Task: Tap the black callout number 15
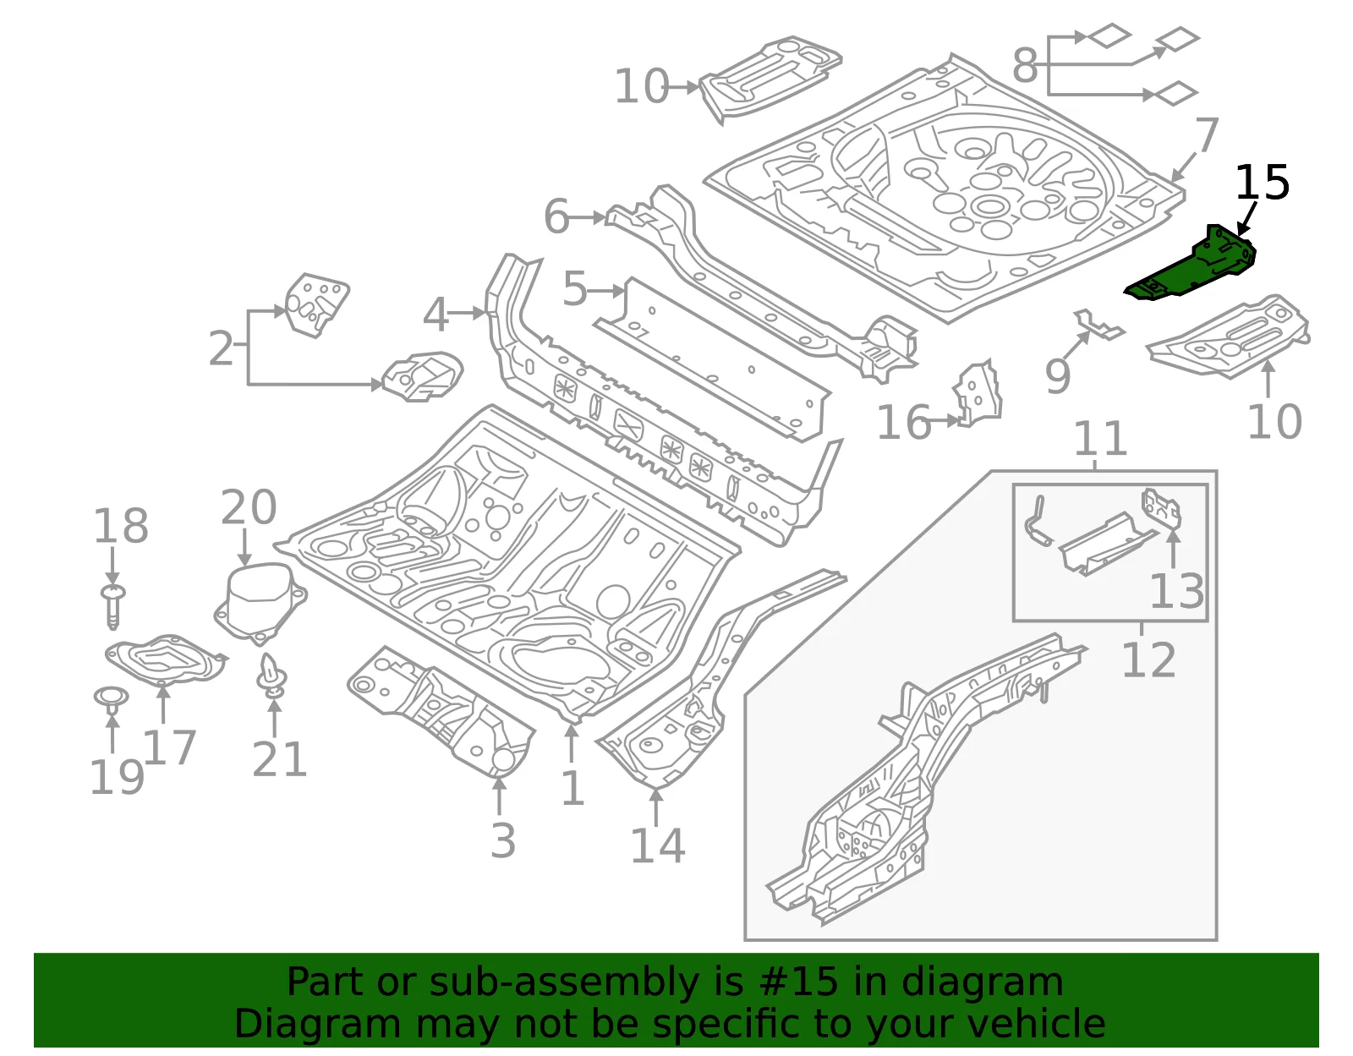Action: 1262,183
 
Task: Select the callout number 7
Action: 1207,134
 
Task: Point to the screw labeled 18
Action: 112,606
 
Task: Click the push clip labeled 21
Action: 271,675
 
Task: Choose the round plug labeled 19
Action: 111,700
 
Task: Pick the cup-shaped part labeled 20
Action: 260,602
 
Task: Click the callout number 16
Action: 903,423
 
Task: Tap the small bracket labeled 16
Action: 977,392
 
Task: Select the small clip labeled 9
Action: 1098,325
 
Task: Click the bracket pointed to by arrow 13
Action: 1160,509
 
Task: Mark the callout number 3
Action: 503,840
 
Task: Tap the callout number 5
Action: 574,289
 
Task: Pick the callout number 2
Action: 221,347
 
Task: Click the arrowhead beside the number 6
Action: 600,218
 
